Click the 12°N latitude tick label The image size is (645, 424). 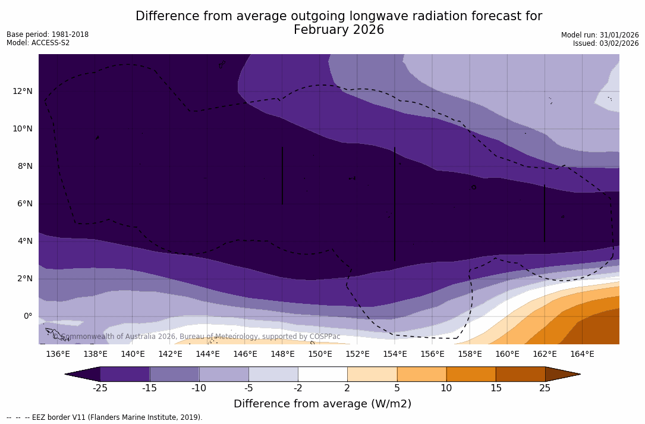point(23,92)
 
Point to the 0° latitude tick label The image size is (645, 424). point(27,316)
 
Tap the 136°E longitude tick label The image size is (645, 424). point(58,354)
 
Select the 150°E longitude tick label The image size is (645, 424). point(320,354)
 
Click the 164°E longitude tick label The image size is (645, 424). point(582,354)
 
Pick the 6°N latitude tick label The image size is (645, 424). point(24,204)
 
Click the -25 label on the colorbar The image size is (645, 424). point(100,388)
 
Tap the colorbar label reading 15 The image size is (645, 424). point(495,388)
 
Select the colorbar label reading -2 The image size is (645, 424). point(297,388)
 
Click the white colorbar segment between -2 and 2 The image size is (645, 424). point(322,374)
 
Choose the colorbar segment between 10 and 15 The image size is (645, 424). point(471,374)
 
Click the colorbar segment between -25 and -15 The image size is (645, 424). point(125,374)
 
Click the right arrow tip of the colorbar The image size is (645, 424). point(579,374)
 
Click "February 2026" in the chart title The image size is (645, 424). point(339,30)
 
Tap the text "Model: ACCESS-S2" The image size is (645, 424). point(38,43)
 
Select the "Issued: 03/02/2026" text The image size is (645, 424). point(606,43)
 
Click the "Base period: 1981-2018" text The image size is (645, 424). point(48,34)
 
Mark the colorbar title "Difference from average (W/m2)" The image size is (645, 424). point(322,404)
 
